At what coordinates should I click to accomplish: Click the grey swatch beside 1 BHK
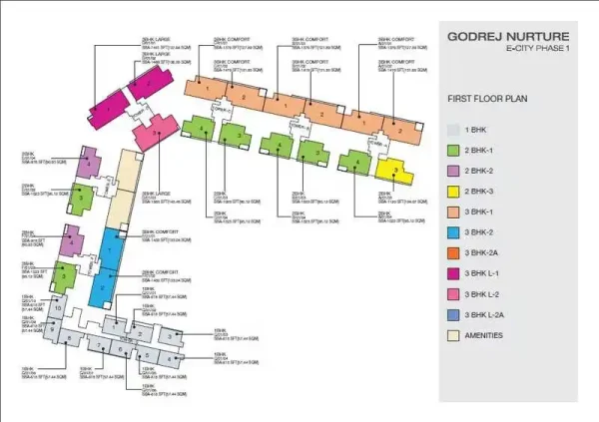pos(453,131)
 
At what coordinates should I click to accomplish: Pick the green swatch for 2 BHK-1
pos(453,152)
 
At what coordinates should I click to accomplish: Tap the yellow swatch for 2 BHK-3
pos(453,192)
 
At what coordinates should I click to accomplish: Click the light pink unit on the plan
pos(147,133)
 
